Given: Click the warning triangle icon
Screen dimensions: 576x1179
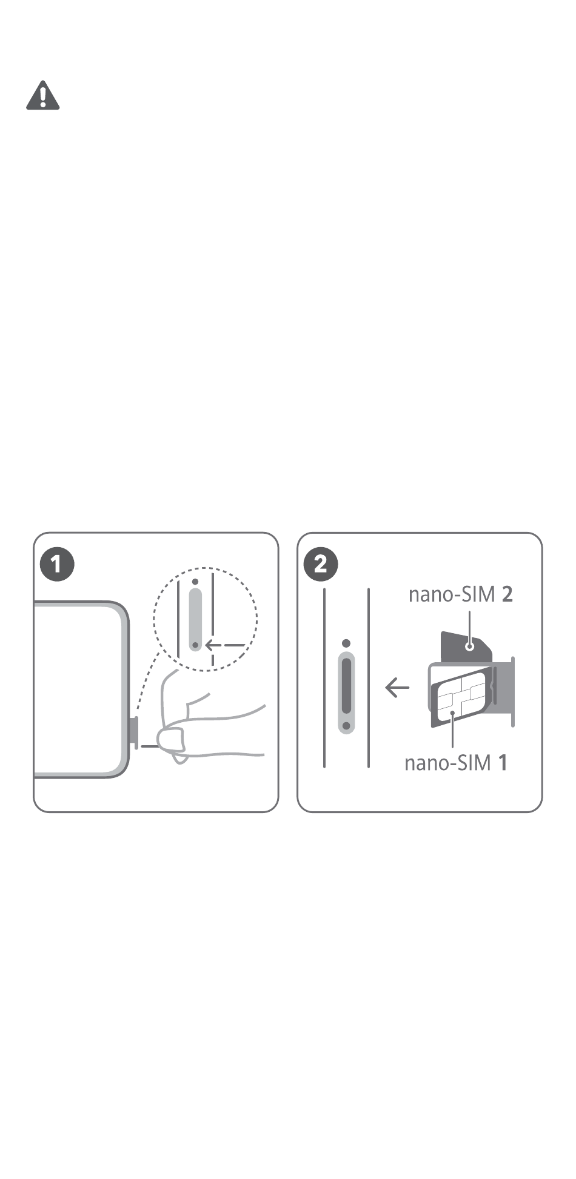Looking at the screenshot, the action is (x=42, y=96).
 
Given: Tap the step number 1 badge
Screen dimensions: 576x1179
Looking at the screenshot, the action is (x=57, y=565).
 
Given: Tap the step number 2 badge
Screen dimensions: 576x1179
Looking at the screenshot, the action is (x=321, y=565).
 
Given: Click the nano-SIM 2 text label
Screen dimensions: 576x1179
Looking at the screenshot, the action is (x=461, y=594).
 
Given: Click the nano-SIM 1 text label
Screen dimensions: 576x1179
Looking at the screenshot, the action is (x=456, y=763).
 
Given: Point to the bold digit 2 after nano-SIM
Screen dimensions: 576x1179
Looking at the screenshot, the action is (x=507, y=594).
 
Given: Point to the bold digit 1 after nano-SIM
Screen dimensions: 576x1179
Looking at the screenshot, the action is (x=503, y=763).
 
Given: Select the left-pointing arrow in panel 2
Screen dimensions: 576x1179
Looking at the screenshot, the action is (x=397, y=688).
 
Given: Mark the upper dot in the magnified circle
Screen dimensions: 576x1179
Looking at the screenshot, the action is (x=195, y=582).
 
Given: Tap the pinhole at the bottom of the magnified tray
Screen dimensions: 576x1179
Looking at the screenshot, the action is (x=195, y=645).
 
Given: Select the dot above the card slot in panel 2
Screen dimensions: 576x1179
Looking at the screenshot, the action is (x=346, y=643).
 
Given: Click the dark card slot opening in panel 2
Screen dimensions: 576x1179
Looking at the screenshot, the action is (x=346, y=685).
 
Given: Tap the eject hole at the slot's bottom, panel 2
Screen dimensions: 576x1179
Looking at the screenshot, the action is (x=346, y=725).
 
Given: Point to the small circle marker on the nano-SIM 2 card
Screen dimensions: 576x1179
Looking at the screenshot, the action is (x=469, y=646).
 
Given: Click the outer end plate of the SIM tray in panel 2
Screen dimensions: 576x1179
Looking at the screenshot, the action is (x=512, y=691).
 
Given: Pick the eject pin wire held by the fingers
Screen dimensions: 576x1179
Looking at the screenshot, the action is (x=149, y=746).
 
